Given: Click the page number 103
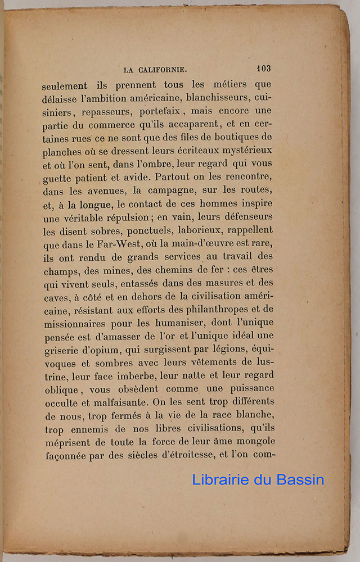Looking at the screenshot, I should [263, 68].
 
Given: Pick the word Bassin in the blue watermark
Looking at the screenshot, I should [298, 479].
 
